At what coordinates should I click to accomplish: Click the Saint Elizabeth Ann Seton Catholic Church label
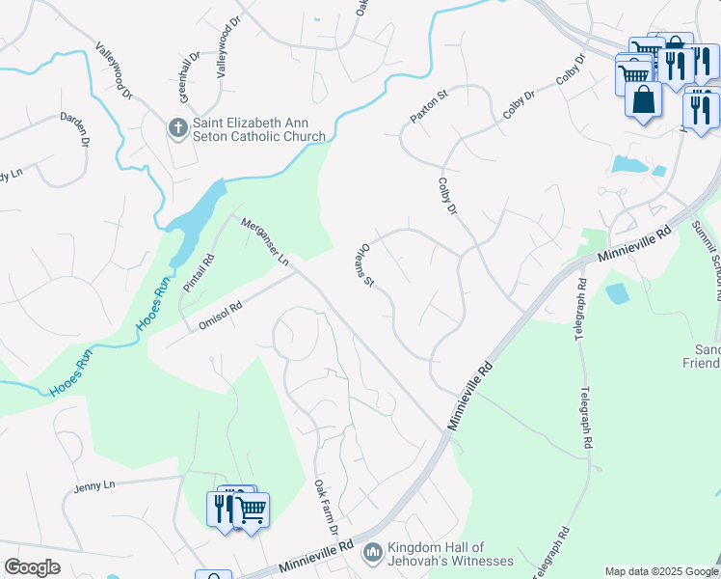258,129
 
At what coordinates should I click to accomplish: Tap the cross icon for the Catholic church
176,127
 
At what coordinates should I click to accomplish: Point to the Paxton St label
429,106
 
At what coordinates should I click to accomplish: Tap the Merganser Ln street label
264,240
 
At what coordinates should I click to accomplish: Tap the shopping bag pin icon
643,98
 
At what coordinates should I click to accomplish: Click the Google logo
32,567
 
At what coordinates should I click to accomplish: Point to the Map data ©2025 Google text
661,571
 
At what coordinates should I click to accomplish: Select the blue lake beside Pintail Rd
200,217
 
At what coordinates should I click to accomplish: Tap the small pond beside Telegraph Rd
617,292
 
